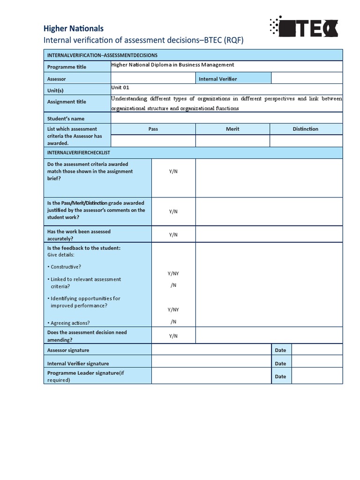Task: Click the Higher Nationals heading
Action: (x=73, y=29)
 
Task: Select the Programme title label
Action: (x=67, y=67)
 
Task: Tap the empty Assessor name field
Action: (x=153, y=78)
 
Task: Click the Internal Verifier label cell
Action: (x=218, y=79)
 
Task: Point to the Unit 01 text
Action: (x=120, y=87)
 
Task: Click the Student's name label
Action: (x=66, y=119)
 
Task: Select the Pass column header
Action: (x=153, y=129)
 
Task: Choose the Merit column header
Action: (x=232, y=129)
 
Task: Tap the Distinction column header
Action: (x=306, y=129)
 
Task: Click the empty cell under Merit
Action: (x=232, y=141)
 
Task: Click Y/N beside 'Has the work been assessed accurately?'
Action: (x=173, y=235)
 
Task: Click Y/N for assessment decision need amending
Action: (x=173, y=336)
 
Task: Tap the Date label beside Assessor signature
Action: (x=280, y=350)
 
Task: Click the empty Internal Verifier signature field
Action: (x=211, y=363)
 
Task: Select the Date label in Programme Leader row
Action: (x=280, y=376)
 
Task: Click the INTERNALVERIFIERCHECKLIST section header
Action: (x=79, y=153)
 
